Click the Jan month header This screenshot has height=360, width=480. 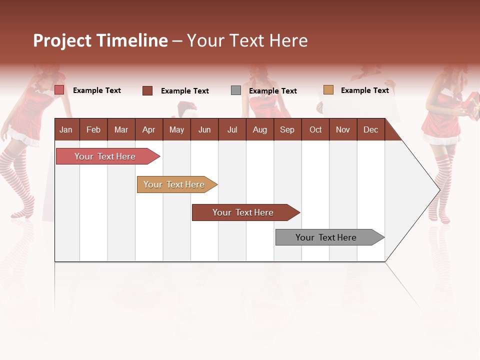point(66,129)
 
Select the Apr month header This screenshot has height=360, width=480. point(148,129)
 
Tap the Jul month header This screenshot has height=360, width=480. point(232,129)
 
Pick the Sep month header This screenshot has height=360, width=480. point(287,129)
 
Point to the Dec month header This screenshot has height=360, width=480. point(370,129)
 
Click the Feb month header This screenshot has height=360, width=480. point(93,129)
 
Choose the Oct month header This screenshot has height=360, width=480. point(315,129)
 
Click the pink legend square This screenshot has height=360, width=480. point(59,90)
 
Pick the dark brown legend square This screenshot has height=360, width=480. point(147,90)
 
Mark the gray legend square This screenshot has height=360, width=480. point(236,90)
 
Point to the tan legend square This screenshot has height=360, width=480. point(328,90)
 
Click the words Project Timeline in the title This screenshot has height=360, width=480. point(100,40)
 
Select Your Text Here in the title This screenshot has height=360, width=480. point(247,40)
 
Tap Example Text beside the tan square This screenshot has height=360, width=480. point(364,90)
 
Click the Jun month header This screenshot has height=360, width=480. point(204,129)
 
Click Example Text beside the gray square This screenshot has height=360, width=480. point(272,91)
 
